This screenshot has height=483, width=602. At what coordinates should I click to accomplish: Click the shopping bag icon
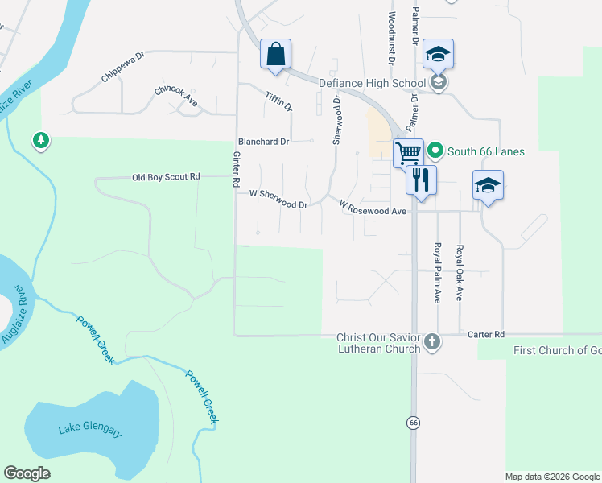[275, 55]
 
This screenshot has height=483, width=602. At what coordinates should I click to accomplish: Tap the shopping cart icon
[408, 151]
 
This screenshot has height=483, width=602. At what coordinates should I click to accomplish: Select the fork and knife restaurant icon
[420, 179]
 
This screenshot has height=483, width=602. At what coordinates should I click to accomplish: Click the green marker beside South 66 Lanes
[435, 151]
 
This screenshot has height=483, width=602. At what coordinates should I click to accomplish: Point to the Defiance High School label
[372, 83]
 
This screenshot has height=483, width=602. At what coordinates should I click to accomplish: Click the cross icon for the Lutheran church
[432, 341]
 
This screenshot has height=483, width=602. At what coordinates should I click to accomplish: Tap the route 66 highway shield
[414, 422]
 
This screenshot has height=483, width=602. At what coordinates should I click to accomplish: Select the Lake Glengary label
[90, 430]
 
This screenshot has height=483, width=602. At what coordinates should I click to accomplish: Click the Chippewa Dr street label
[122, 68]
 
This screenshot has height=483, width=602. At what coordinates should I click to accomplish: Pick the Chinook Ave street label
[175, 96]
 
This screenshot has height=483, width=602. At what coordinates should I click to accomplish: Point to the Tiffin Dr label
[278, 101]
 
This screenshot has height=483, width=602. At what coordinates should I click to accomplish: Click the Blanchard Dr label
[262, 142]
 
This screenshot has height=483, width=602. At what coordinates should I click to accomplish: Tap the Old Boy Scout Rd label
[166, 176]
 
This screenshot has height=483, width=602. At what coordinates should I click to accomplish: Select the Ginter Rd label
[237, 170]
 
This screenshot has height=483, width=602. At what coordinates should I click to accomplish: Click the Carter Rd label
[486, 333]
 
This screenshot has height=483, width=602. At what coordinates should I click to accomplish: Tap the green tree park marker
[40, 141]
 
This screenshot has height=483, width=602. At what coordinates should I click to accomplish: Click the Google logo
[27, 473]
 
